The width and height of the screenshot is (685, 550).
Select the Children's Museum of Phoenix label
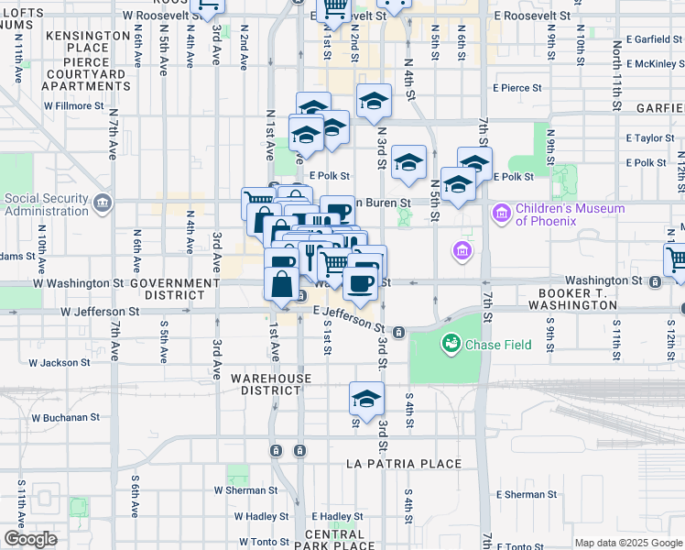click(x=570, y=214)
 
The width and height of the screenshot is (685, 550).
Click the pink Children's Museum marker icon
click(x=500, y=214)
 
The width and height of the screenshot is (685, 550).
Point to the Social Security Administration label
click(x=46, y=204)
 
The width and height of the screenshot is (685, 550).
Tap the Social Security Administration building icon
click(x=103, y=202)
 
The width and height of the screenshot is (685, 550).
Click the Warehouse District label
click(x=270, y=384)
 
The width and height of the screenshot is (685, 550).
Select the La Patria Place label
click(x=404, y=464)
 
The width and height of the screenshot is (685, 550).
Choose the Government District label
click(x=179, y=290)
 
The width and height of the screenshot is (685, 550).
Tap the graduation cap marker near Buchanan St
click(x=366, y=401)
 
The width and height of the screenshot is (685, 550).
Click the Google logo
click(x=30, y=539)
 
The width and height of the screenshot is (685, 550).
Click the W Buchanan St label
click(x=65, y=417)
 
